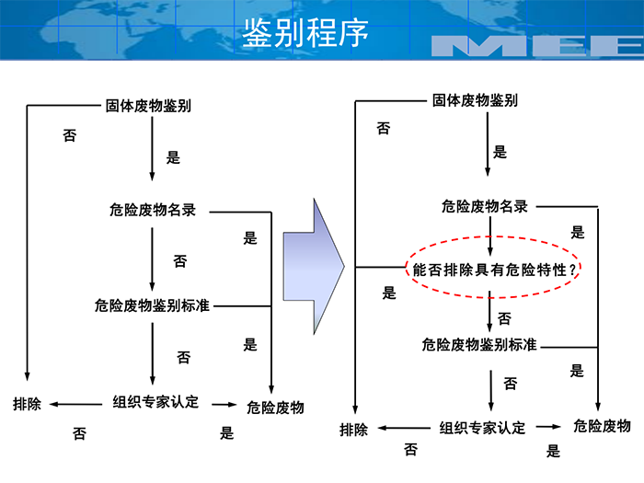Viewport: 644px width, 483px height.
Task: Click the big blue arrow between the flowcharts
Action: click(313, 267)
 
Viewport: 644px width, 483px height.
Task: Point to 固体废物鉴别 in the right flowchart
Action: click(475, 99)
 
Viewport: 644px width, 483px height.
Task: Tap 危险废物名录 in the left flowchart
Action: click(153, 211)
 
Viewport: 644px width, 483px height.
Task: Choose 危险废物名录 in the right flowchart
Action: click(484, 206)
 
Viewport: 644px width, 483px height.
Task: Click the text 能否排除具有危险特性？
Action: click(496, 270)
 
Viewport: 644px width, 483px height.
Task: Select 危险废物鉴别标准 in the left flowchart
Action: click(152, 305)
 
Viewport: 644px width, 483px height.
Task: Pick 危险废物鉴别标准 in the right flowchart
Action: click(479, 345)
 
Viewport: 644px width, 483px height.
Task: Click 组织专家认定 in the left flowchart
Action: click(155, 402)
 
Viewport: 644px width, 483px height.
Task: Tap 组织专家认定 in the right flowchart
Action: click(482, 428)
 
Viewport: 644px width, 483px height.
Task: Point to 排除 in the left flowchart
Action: click(27, 404)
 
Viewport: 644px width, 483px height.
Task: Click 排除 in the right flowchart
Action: click(353, 429)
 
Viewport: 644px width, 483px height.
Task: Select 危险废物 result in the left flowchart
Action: click(275, 407)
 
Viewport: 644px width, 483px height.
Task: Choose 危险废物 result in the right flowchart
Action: click(602, 426)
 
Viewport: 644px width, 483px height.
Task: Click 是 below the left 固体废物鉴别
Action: click(173, 157)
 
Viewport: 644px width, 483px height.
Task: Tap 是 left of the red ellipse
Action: click(389, 293)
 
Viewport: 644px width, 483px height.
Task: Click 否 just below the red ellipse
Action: click(504, 318)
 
